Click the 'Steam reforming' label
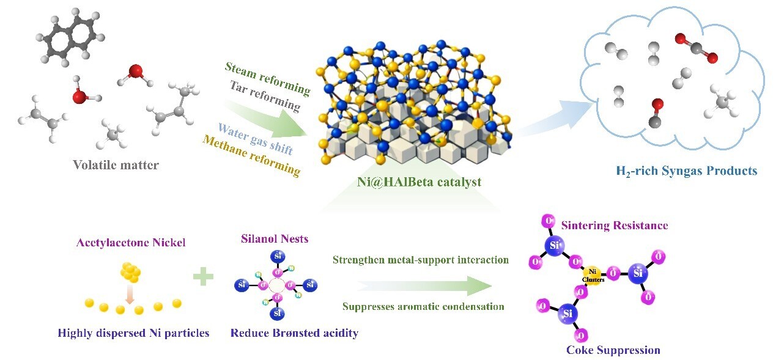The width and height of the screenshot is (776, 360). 267,78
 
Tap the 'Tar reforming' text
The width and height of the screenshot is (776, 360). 265,96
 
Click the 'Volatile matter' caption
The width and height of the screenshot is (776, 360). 116,165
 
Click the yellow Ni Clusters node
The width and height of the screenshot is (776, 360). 592,274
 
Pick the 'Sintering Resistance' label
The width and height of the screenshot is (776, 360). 615,226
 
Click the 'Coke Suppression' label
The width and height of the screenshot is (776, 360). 613,350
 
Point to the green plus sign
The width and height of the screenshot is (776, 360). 203,277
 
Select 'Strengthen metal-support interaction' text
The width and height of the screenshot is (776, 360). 421,260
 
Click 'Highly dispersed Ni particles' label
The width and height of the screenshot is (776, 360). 133,333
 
